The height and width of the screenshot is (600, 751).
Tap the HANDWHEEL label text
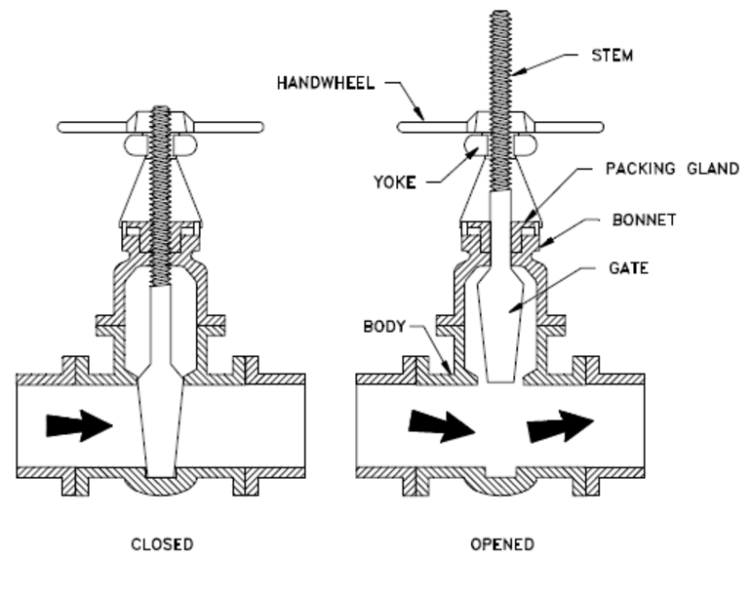[x=327, y=84]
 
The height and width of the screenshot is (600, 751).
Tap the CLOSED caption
[x=162, y=543]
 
